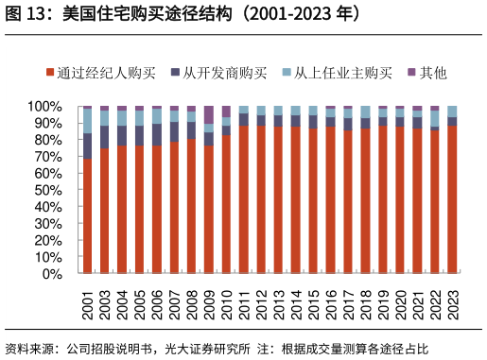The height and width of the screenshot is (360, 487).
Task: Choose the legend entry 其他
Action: [x=432, y=73]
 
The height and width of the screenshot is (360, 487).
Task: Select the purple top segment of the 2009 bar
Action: [x=209, y=114]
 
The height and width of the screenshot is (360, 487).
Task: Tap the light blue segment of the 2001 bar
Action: [x=88, y=120]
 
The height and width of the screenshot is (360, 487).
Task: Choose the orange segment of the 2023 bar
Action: [x=452, y=199]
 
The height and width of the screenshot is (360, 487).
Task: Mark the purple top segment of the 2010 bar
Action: [x=226, y=111]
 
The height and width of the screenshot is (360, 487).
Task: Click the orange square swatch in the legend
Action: [x=50, y=73]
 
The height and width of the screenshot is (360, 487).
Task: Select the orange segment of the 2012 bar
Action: [x=261, y=199]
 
